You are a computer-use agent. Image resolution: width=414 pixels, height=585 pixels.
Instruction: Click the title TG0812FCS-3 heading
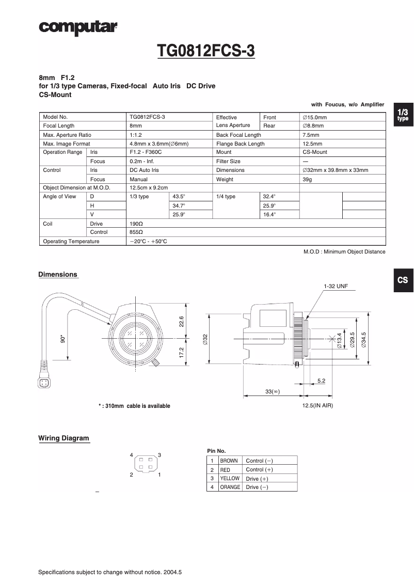[x=206, y=52]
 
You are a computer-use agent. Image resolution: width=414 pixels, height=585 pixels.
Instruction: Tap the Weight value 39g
[x=307, y=179]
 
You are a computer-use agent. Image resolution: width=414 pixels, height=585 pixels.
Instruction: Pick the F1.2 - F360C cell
[x=146, y=152]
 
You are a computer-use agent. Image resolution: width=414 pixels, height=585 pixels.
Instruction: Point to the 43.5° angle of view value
[x=179, y=197]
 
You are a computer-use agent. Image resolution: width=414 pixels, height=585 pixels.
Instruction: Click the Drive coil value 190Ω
[x=136, y=224]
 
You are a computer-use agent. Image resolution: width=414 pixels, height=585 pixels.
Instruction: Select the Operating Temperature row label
[x=71, y=241]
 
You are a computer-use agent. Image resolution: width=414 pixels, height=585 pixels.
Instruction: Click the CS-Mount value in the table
[x=314, y=152]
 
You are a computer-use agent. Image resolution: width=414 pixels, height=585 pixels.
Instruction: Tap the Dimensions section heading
[x=58, y=274]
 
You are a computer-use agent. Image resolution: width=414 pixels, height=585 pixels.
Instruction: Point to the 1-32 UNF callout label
[x=336, y=286]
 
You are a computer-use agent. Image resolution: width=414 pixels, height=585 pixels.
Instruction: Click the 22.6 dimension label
[x=181, y=321]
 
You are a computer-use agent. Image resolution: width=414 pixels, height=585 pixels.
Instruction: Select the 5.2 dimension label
[x=321, y=381]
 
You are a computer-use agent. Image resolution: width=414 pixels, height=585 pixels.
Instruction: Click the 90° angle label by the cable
[x=63, y=339]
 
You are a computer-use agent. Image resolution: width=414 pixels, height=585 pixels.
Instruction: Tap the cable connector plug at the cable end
[x=44, y=383]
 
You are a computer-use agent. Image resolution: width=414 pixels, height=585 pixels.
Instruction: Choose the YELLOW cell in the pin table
[x=230, y=478]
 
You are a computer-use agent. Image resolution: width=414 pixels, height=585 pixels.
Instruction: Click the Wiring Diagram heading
[x=63, y=438]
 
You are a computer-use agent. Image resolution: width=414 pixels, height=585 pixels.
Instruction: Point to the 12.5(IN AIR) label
[x=317, y=405]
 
